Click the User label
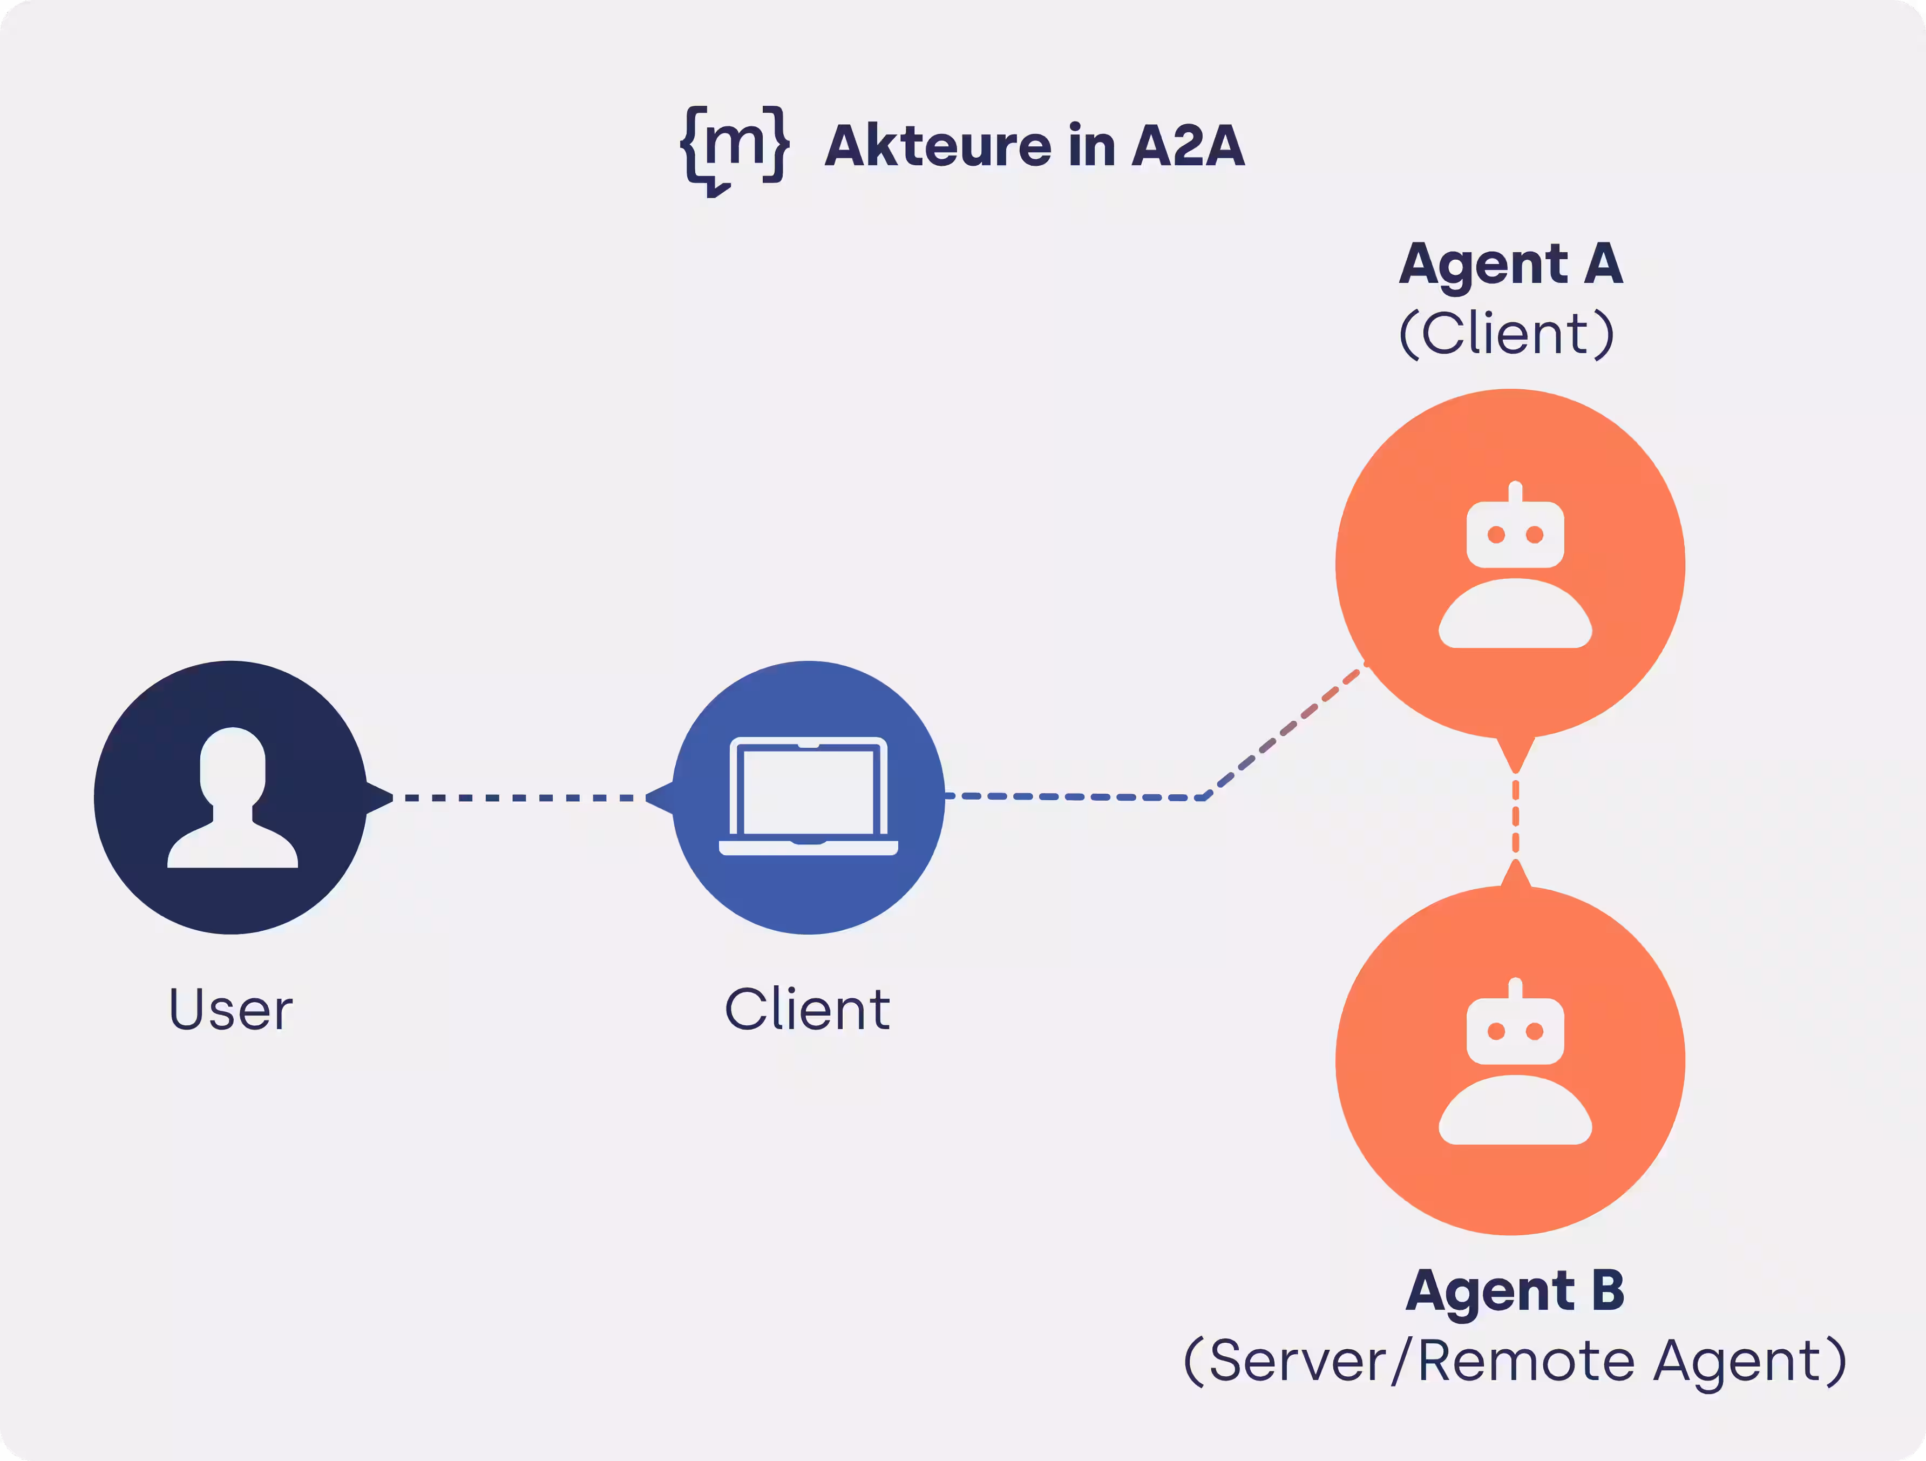tap(230, 1010)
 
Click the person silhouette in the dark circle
tap(233, 797)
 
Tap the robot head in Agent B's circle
tap(1515, 1031)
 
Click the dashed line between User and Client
tap(520, 797)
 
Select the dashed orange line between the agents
tap(1516, 817)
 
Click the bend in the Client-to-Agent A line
tap(1205, 796)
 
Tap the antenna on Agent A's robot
tap(1515, 492)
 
